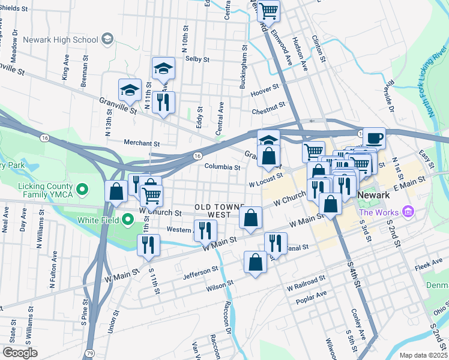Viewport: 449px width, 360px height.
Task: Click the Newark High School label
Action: [60, 40]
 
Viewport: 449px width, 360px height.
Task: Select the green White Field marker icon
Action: [127, 220]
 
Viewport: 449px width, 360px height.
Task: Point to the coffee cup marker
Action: [374, 138]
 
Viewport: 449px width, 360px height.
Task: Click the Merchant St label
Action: [141, 143]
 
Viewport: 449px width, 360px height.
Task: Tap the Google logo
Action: [20, 352]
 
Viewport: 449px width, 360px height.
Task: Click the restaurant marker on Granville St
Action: [164, 102]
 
